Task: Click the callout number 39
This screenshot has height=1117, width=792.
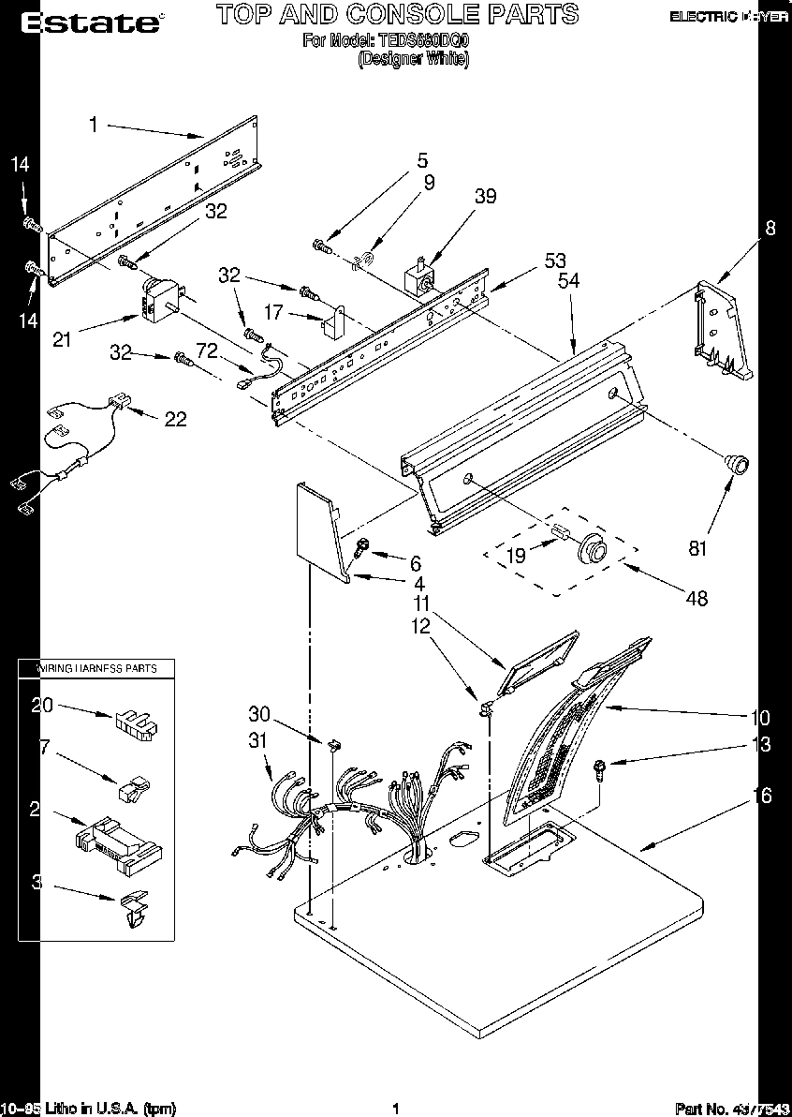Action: (x=485, y=197)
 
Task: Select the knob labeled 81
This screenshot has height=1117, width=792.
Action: (x=735, y=462)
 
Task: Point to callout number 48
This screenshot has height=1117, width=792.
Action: (x=696, y=598)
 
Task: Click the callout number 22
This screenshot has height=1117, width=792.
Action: (x=175, y=419)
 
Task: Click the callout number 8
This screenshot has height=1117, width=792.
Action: (x=770, y=227)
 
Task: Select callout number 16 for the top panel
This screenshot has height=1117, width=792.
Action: (x=763, y=796)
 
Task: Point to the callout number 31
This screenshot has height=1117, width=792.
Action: (x=257, y=740)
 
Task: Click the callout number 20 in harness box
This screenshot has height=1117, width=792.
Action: (x=42, y=707)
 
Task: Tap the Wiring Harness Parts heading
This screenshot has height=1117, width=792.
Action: (x=96, y=668)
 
